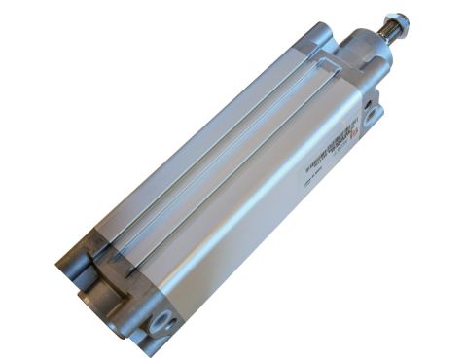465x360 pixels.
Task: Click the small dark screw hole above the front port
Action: click(371, 96)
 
